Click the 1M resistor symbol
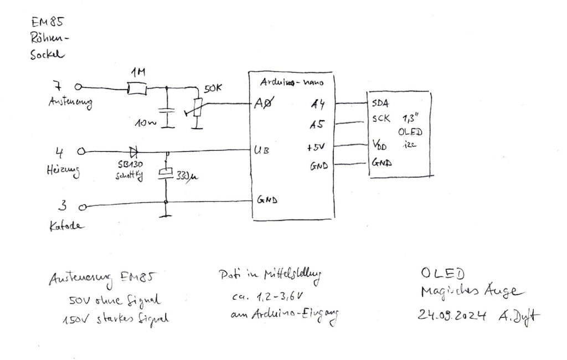(x=136, y=88)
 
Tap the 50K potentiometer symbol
(x=196, y=107)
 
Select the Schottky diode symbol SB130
(x=133, y=151)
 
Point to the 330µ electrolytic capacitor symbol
(x=166, y=173)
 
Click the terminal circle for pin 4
(x=81, y=151)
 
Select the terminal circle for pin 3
(x=81, y=208)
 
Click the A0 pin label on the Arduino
(x=262, y=104)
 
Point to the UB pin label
(x=261, y=151)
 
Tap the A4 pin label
(x=317, y=104)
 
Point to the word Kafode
(x=66, y=226)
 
